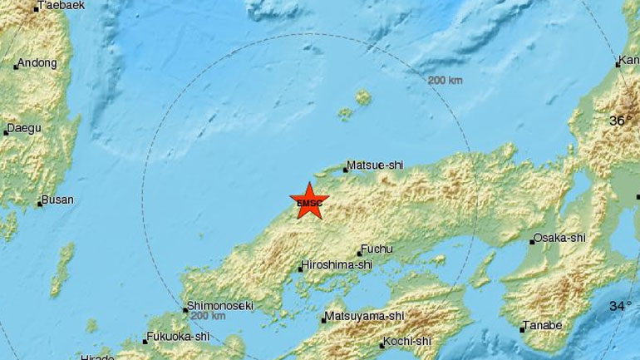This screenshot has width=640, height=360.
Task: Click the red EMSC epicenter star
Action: tap(309, 201)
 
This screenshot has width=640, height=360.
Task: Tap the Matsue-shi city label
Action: tap(374, 165)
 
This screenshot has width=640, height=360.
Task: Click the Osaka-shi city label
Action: tap(563, 238)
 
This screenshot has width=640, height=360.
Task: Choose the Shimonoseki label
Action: tap(220, 304)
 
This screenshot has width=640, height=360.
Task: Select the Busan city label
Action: tap(59, 200)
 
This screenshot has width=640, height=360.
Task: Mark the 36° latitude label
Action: tap(620, 121)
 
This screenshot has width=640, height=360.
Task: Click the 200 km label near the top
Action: tap(445, 81)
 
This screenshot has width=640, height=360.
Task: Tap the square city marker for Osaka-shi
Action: tap(533, 242)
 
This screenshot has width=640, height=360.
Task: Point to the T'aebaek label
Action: tap(62, 7)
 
